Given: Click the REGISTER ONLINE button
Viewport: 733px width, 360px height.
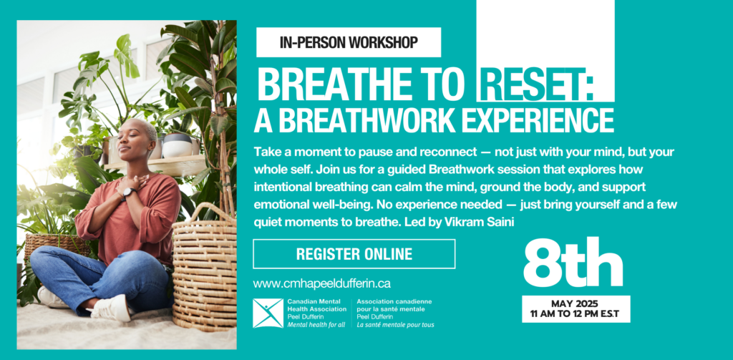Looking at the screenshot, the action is (354, 254).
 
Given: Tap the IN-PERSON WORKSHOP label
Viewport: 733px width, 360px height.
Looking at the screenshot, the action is (349, 42).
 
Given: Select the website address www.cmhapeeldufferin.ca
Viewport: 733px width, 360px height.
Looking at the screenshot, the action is (321, 283).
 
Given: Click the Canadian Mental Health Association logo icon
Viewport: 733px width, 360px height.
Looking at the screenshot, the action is (268, 313).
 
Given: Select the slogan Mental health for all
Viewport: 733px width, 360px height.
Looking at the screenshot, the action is (316, 324).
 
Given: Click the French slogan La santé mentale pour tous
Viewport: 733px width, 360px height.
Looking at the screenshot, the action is (395, 324).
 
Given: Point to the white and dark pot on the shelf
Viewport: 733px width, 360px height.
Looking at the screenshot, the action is (178, 145).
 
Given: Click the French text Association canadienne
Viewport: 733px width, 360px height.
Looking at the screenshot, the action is (394, 302).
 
